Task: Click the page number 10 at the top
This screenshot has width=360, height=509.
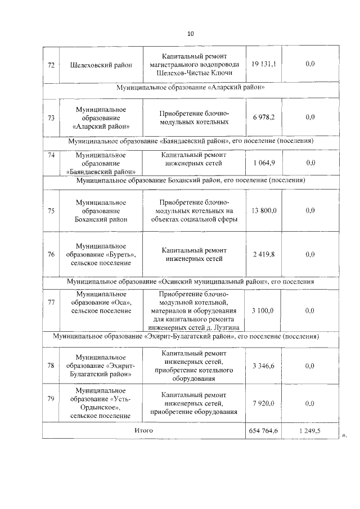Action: [190, 34]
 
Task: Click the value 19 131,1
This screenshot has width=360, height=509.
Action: [264, 64]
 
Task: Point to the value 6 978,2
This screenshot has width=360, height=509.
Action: [264, 117]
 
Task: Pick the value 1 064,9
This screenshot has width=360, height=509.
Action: [264, 163]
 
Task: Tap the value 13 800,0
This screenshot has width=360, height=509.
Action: [264, 210]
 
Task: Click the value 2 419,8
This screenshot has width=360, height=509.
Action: [264, 254]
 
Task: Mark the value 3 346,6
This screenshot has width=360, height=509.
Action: [264, 366]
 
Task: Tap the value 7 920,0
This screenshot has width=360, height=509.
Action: [264, 403]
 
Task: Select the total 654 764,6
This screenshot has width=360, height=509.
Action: [264, 430]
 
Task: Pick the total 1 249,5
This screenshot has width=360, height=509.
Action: [310, 430]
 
